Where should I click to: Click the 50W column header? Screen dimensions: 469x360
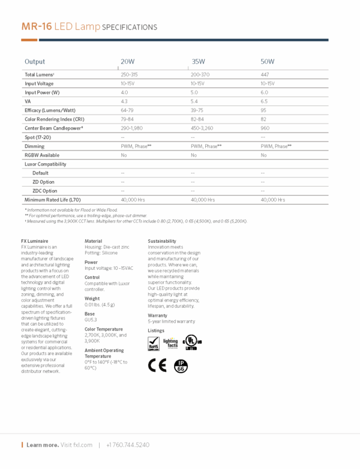click(x=268, y=62)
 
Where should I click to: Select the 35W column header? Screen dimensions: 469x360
click(x=198, y=62)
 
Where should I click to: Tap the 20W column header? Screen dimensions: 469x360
click(x=128, y=62)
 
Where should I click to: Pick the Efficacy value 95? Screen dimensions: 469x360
click(x=263, y=110)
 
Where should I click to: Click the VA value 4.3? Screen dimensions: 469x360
click(x=124, y=101)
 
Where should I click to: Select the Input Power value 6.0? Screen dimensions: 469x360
click(x=264, y=92)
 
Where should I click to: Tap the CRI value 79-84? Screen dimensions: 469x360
click(x=127, y=119)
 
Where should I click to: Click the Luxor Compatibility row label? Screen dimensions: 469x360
click(x=45, y=164)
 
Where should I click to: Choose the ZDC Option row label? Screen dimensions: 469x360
click(x=45, y=191)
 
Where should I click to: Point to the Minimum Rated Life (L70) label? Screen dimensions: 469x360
click(x=52, y=200)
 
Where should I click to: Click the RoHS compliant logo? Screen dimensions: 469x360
click(x=154, y=342)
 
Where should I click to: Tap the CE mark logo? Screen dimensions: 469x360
click(x=157, y=365)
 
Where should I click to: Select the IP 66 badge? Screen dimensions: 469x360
click(x=180, y=365)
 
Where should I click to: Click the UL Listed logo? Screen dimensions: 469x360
click(x=191, y=342)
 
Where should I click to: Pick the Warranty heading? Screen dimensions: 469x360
click(x=157, y=315)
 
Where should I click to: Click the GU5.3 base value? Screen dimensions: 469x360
click(x=90, y=320)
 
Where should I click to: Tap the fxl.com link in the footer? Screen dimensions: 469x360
click(x=85, y=445)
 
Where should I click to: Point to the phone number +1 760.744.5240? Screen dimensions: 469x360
click(x=128, y=445)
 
